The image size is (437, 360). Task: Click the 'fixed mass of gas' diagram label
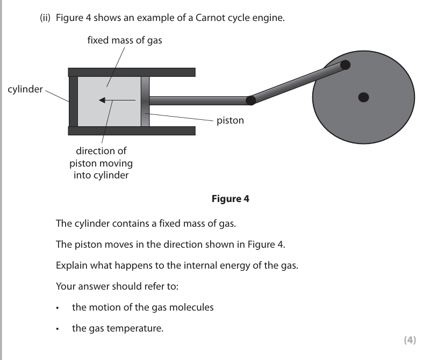click(125, 40)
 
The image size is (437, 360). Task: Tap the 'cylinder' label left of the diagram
click(25, 89)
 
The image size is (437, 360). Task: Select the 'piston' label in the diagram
click(230, 120)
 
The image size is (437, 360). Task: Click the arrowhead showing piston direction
click(102, 100)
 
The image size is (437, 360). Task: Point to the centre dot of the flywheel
click(363, 97)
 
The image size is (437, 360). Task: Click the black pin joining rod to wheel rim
click(345, 65)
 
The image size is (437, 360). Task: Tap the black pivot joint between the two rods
click(250, 100)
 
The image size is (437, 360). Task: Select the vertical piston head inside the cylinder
click(145, 102)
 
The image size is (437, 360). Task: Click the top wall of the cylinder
click(132, 72)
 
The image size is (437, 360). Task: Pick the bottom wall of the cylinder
click(132, 131)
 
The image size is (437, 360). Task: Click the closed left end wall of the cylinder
click(73, 102)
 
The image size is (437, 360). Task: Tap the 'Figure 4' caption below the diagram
click(231, 199)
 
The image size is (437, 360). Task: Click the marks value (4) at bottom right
click(410, 340)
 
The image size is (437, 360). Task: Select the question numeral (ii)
click(45, 18)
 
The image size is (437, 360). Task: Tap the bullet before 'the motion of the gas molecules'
click(58, 308)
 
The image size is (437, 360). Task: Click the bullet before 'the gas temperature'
click(58, 329)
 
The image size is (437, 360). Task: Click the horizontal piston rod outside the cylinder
click(199, 100)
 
